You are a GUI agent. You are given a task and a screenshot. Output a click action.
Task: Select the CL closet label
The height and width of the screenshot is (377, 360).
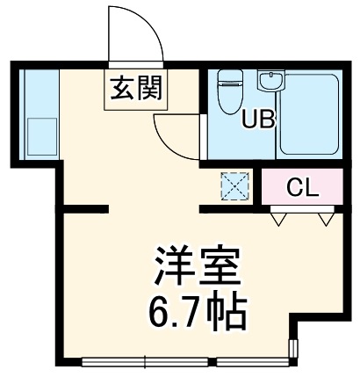pyautogui.click(x=301, y=186)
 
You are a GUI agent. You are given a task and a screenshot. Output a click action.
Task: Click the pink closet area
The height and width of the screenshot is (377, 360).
pyautogui.click(x=301, y=186)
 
